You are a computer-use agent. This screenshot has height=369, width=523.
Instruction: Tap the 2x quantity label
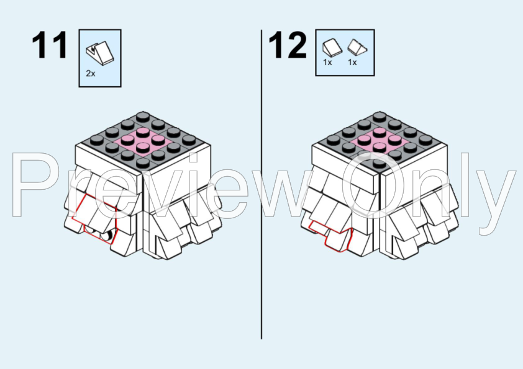[91, 73]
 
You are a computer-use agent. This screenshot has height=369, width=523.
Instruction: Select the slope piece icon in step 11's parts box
[100, 51]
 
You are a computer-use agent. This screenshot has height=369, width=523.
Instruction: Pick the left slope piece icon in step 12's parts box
[332, 47]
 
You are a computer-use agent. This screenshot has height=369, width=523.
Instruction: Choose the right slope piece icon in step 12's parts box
[357, 47]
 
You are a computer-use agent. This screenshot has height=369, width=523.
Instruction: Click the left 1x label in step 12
[327, 62]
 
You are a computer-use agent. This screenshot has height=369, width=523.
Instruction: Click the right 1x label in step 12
[352, 62]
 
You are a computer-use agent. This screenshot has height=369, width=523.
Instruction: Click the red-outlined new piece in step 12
[331, 234]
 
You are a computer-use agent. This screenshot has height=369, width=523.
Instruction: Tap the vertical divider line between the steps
[261, 184]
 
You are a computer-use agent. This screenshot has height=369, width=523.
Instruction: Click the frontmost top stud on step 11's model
[143, 162]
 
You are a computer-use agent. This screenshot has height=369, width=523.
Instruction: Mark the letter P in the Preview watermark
[33, 184]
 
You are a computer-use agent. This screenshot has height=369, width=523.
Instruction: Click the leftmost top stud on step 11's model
[97, 139]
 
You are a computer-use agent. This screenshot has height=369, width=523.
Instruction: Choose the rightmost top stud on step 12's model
[425, 139]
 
